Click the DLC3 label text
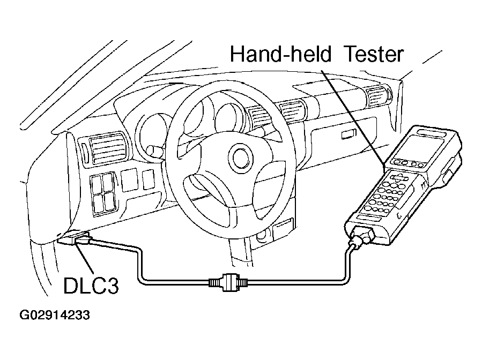click(91, 286)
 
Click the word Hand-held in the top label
click(280, 54)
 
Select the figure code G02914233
click(55, 315)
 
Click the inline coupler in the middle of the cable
click(228, 282)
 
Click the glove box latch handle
click(348, 134)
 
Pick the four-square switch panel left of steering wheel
click(103, 193)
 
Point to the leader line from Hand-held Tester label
click(353, 117)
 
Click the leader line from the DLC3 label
click(85, 257)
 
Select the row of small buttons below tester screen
click(409, 163)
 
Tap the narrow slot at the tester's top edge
click(430, 133)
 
